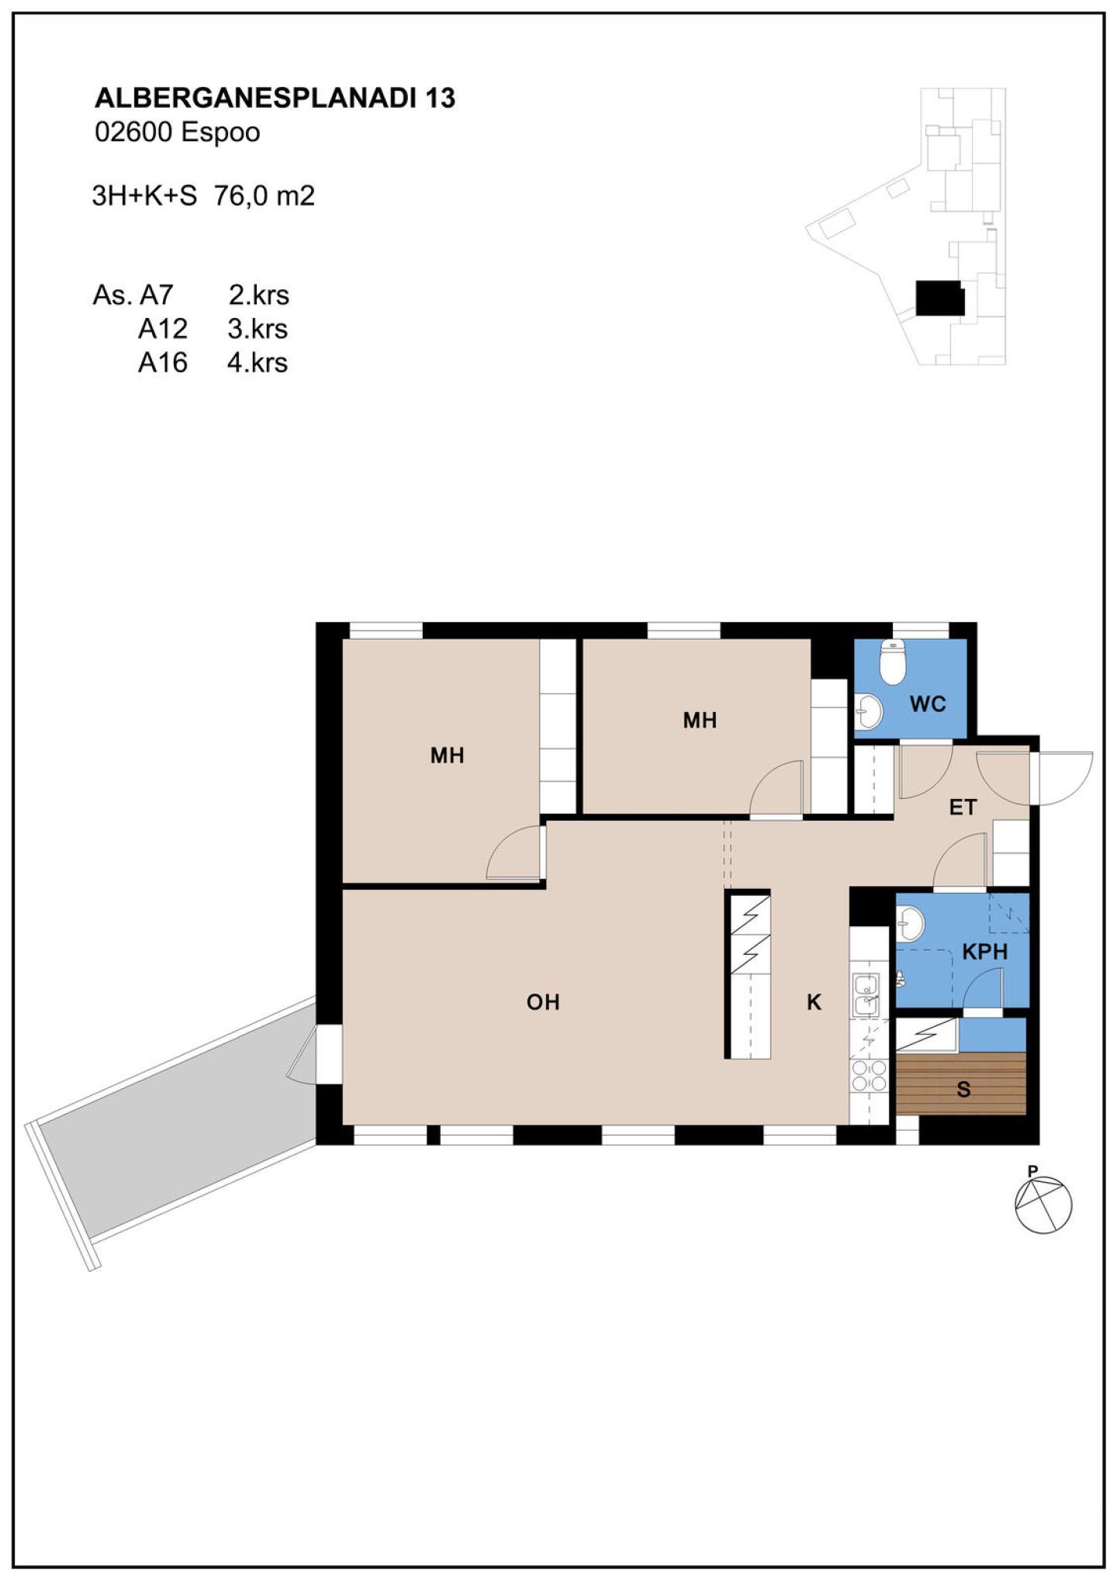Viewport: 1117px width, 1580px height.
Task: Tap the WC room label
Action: click(928, 704)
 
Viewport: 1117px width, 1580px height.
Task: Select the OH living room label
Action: click(543, 1002)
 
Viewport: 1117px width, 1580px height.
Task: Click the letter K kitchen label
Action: click(814, 1002)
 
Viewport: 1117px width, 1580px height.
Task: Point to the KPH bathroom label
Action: click(984, 952)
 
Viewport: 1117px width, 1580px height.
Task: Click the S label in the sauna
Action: click(963, 1090)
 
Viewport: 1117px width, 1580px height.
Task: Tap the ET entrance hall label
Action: click(963, 807)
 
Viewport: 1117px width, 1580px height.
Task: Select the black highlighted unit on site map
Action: click(940, 298)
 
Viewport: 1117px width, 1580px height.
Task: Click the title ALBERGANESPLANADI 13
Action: click(275, 98)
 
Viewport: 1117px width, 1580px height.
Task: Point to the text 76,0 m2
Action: click(265, 195)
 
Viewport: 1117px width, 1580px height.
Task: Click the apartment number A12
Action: click(163, 329)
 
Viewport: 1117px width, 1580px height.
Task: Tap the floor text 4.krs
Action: click(258, 363)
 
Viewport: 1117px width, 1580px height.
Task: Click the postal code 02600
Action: click(133, 133)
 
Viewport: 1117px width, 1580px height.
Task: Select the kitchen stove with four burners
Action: click(869, 1076)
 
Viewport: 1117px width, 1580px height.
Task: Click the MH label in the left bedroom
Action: click(448, 755)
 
